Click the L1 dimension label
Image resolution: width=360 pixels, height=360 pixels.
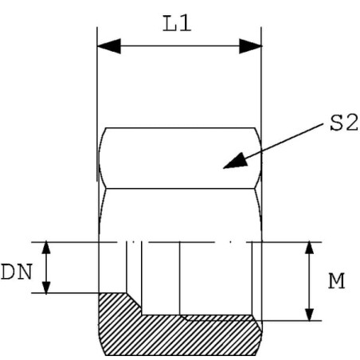pos(177,24)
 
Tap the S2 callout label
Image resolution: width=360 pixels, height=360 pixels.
pos(344,123)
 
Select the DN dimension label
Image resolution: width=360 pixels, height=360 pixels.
pos(17,272)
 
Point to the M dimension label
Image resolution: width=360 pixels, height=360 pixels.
pos(337,281)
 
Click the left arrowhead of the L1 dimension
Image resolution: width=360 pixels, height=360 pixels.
pos(109,46)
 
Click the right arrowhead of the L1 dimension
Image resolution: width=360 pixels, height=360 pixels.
pos(250,46)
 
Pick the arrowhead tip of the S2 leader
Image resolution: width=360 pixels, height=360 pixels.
pos(223,168)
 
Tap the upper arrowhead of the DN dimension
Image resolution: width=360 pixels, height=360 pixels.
pos(46,248)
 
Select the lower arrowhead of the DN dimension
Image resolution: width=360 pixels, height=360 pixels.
pos(46,287)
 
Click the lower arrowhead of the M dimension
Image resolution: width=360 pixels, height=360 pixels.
pos(309,315)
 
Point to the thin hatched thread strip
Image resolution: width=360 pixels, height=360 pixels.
pos(218,318)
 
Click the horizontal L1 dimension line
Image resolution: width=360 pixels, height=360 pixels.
pos(179,46)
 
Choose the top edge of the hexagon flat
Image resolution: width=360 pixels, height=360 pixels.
pos(180,128)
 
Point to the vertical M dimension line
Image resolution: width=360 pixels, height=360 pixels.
pos(309,281)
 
